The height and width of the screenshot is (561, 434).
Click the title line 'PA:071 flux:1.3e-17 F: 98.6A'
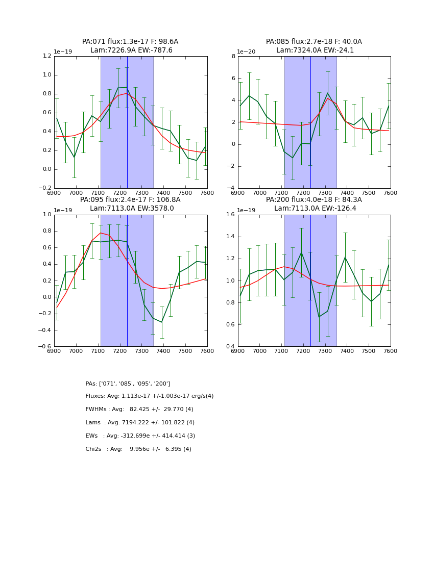point(130,42)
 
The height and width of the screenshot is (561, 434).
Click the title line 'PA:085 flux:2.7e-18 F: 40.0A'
point(314,42)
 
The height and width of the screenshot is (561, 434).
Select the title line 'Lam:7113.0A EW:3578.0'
point(130,209)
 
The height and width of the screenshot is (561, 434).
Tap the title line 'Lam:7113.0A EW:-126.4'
point(314,209)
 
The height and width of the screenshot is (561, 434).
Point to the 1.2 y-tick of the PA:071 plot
point(46,56)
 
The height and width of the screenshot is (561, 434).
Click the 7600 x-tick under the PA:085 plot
point(391,193)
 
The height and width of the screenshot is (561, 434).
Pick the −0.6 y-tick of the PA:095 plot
point(45,347)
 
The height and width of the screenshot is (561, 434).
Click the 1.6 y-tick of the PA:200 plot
point(230,215)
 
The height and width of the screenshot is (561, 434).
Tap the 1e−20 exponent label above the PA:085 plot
point(248,52)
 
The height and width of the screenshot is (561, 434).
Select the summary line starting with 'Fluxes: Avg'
point(150,396)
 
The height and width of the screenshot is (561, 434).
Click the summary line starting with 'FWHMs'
point(139,410)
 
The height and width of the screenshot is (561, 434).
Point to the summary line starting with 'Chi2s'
point(138,449)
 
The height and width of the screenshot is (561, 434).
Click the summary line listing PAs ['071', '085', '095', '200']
point(128,384)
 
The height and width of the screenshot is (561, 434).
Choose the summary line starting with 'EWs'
point(140,436)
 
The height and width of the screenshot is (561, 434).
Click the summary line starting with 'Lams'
point(140,423)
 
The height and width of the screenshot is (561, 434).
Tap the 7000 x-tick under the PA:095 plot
point(76,351)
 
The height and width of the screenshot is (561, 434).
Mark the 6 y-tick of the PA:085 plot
point(233,79)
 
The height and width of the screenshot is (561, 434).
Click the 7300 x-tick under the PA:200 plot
point(325,351)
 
